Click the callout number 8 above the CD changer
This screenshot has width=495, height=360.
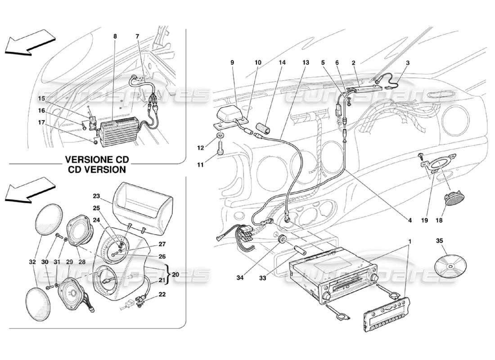click(115, 36)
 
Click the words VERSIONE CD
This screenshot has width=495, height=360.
click(97, 160)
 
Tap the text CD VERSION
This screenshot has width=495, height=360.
click(97, 170)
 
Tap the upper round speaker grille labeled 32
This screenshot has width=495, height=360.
click(49, 219)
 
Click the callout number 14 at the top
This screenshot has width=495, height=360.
click(282, 63)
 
